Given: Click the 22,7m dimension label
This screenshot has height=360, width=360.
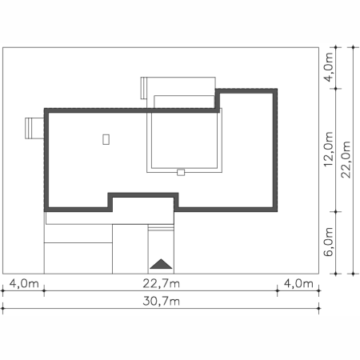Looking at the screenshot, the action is [161, 283].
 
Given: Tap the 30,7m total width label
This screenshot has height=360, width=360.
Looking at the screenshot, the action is [161, 301].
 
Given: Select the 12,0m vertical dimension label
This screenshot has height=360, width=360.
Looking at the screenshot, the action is [329, 149].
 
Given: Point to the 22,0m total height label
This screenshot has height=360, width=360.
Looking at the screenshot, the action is [346, 159].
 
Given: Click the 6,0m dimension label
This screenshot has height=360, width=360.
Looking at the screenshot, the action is [329, 242].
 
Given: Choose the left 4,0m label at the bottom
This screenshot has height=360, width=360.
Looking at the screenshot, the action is [24, 283].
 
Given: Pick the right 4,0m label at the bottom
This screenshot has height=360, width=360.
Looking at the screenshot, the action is [298, 283].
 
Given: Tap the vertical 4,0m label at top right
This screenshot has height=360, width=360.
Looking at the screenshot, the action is [329, 67].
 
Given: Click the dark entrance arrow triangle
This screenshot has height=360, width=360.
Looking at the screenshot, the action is [161, 264].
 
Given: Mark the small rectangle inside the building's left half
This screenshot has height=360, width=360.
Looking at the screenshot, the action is [106, 139].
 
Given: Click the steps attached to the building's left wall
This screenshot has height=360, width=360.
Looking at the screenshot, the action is [34, 128].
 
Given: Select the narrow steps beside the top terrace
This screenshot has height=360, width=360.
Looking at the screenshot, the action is [144, 88].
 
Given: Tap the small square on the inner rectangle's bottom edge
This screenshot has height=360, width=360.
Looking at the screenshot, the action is [181, 172].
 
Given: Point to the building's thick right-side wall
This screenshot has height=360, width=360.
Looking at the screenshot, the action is [275, 150].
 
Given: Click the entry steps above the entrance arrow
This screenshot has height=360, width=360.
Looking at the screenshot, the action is [161, 228].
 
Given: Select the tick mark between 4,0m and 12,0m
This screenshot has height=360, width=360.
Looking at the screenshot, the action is [335, 89].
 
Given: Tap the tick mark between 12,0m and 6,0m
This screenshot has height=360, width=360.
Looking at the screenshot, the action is [335, 212].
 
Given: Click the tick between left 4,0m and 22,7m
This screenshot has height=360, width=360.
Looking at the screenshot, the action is [44, 290].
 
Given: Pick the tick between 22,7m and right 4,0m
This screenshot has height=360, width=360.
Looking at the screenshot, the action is [278, 290].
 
